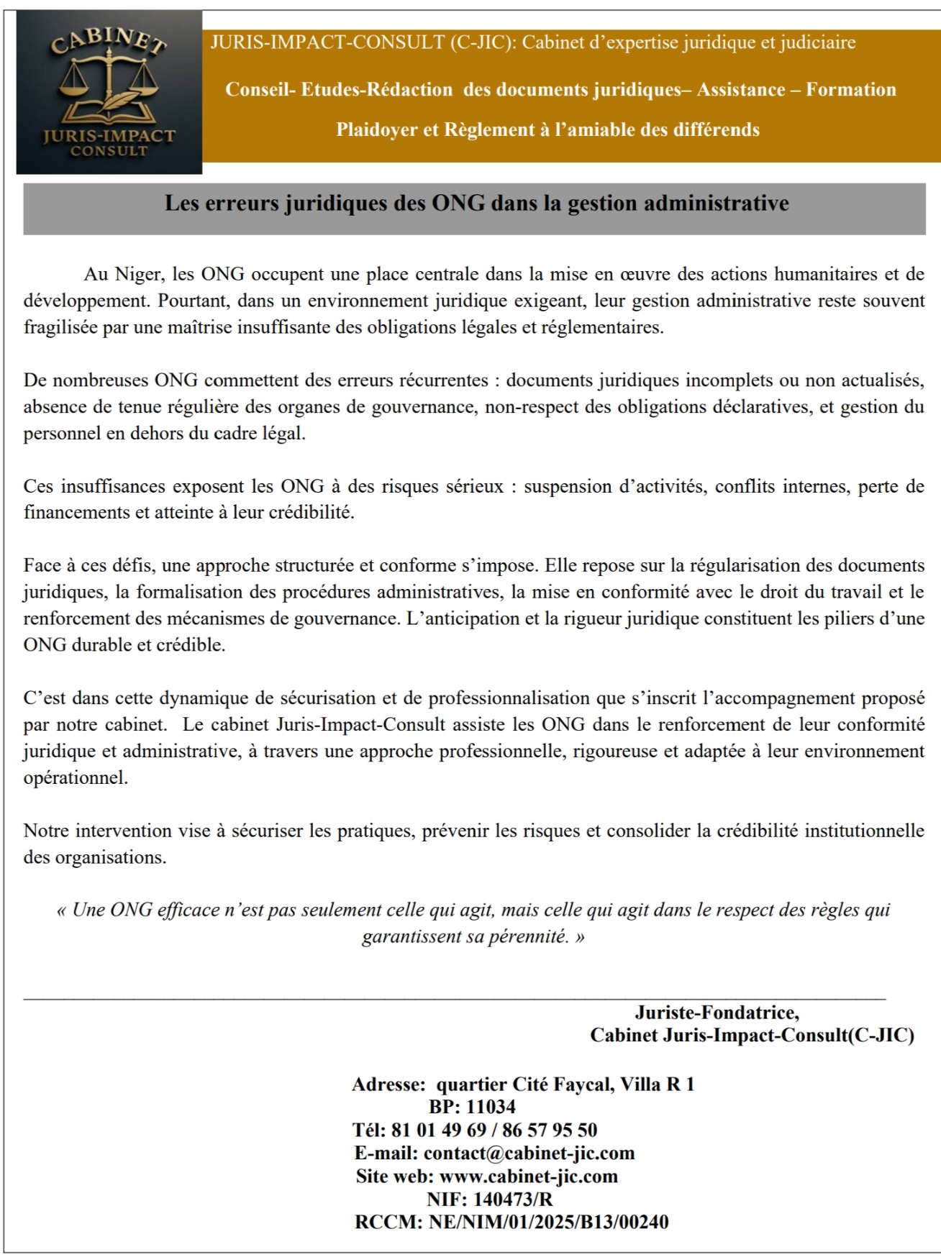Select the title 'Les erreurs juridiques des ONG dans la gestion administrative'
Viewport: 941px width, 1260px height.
[x=476, y=204]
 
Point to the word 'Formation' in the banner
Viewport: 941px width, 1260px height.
[x=850, y=90]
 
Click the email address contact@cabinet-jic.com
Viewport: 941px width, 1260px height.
[x=529, y=1153]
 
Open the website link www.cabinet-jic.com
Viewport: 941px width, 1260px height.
[x=528, y=1176]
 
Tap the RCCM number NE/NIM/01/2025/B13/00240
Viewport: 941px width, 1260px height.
[x=548, y=1222]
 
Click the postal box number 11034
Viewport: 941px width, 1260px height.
[x=491, y=1107]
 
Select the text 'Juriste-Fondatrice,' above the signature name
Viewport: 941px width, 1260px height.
[x=717, y=1013]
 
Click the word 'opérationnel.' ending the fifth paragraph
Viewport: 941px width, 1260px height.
[x=76, y=777]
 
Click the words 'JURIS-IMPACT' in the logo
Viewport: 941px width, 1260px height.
[x=109, y=136]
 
